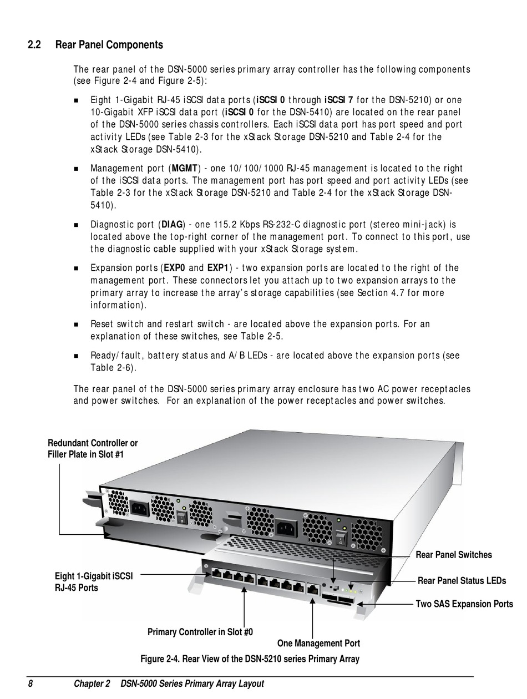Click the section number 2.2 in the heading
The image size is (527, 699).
pos(34,44)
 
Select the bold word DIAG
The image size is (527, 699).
pos(171,225)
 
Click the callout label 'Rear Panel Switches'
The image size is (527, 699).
pos(453,555)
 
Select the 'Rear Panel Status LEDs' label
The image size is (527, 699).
pos(462,581)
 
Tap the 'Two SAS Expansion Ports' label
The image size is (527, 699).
pos(464,604)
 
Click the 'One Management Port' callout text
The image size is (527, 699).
pos(318,643)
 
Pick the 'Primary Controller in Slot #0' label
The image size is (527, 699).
pos(200,632)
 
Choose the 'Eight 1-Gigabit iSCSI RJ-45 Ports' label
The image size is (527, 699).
pos(93,582)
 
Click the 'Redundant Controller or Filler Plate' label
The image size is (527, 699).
pos(93,449)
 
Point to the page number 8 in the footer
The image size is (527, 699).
pos(31,683)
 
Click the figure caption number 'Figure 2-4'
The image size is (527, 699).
pos(160,659)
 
